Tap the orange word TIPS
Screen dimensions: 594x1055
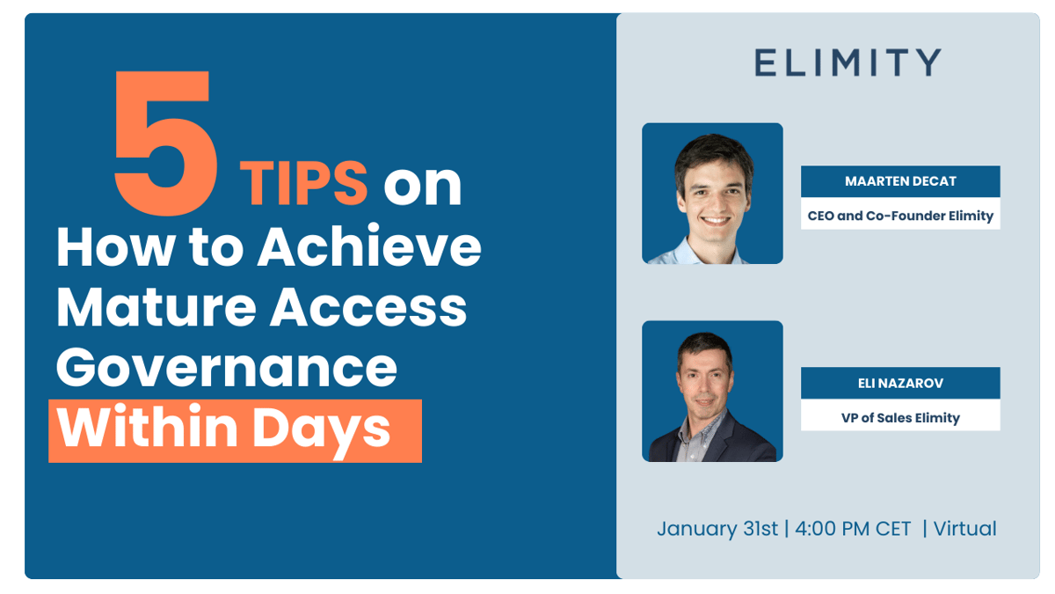pyautogui.click(x=303, y=183)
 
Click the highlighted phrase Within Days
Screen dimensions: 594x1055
pyautogui.click(x=235, y=430)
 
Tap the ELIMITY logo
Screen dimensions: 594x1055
pyautogui.click(x=848, y=62)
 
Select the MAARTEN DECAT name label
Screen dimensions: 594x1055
pyautogui.click(x=900, y=181)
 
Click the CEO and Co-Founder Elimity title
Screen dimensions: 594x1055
pyautogui.click(x=900, y=215)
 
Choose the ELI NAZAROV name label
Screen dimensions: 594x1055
pyautogui.click(x=900, y=383)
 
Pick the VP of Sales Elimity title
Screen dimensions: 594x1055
pyautogui.click(x=900, y=417)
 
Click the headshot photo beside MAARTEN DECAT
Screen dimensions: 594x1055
pyautogui.click(x=712, y=194)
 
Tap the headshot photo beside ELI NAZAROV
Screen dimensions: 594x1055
pyautogui.click(x=712, y=392)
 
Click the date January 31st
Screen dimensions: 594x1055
pyautogui.click(x=717, y=529)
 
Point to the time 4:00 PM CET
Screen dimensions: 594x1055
pyautogui.click(x=854, y=529)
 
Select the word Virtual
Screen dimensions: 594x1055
pyautogui.click(x=964, y=529)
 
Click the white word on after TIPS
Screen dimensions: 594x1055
pyautogui.click(x=422, y=183)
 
